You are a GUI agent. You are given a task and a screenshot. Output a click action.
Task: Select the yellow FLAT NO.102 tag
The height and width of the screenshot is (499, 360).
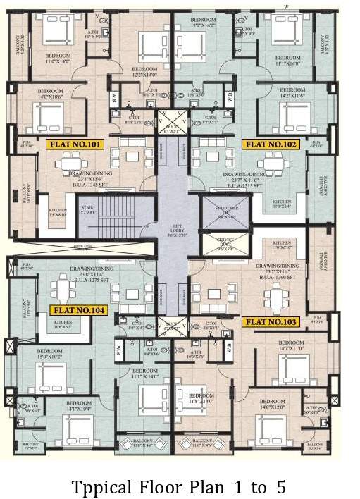[x=271, y=144]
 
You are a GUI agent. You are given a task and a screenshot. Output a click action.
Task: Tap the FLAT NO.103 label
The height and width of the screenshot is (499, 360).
[x=271, y=322]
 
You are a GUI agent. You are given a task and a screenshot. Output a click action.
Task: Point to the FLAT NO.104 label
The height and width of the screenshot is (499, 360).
[x=77, y=310]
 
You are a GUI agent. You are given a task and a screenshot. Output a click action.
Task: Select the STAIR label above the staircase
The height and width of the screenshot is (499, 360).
[x=87, y=209]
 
